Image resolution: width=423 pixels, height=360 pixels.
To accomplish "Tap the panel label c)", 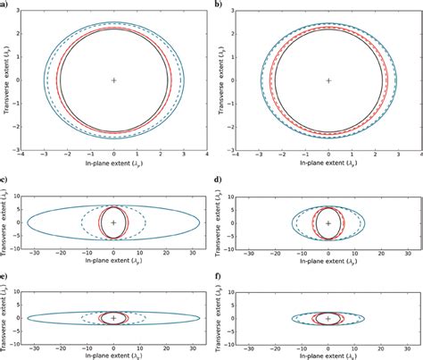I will pos(5,183).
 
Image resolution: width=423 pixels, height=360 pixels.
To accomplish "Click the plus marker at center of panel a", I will pos(113,80).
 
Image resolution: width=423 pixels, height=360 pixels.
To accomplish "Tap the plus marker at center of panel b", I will pos(328,80).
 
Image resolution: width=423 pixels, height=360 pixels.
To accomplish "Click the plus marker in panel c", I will pos(113,222).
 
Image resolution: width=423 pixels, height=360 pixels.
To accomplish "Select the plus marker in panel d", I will pos(328,222).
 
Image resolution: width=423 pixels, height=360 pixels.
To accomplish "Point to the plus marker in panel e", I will pos(113,317).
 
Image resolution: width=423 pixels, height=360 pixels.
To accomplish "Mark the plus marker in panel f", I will pos(328,317).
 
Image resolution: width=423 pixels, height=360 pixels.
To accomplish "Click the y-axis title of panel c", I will pos(7,222).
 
